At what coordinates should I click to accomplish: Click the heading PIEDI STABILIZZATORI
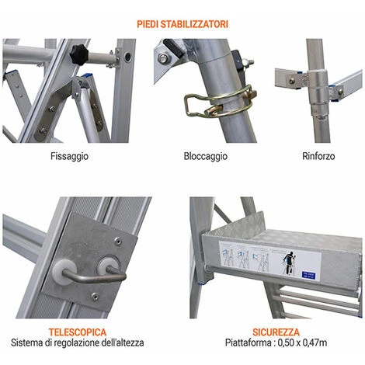coord(182,24)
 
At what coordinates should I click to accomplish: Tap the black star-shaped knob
coord(79,54)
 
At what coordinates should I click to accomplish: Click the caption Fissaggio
coord(69,157)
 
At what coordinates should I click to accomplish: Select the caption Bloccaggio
coord(206,156)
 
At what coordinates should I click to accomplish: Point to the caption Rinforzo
coord(318,156)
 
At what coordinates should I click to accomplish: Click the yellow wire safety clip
coord(220,103)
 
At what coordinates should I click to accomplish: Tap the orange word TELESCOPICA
coord(78,332)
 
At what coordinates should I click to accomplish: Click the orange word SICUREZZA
coord(276,332)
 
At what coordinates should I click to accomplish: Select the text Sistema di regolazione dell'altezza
coord(77,342)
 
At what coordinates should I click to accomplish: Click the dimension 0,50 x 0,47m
coord(302,342)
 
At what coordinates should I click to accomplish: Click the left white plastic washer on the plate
coord(64,273)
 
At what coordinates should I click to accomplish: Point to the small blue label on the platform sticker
coord(308,276)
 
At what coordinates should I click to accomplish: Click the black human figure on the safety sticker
coord(290,262)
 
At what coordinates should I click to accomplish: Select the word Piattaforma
coord(247,342)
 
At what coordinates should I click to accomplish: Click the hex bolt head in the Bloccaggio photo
coord(162,59)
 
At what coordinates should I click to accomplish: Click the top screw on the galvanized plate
coord(118,241)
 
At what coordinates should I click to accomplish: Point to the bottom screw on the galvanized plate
coord(96,295)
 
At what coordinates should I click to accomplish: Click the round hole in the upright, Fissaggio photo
coord(127,57)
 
